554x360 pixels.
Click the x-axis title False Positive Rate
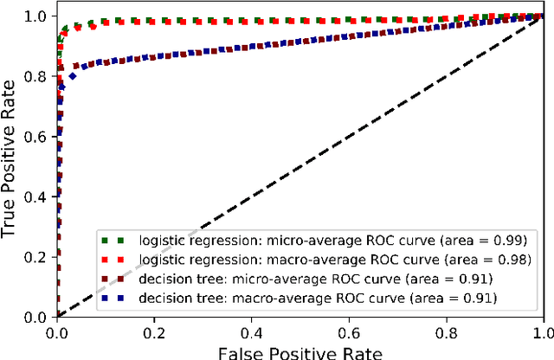(299, 351)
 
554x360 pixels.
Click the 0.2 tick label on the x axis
(154, 331)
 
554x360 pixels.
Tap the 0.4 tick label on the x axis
(251, 331)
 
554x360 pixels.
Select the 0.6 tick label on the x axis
(349, 331)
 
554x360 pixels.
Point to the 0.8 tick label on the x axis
(446, 331)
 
